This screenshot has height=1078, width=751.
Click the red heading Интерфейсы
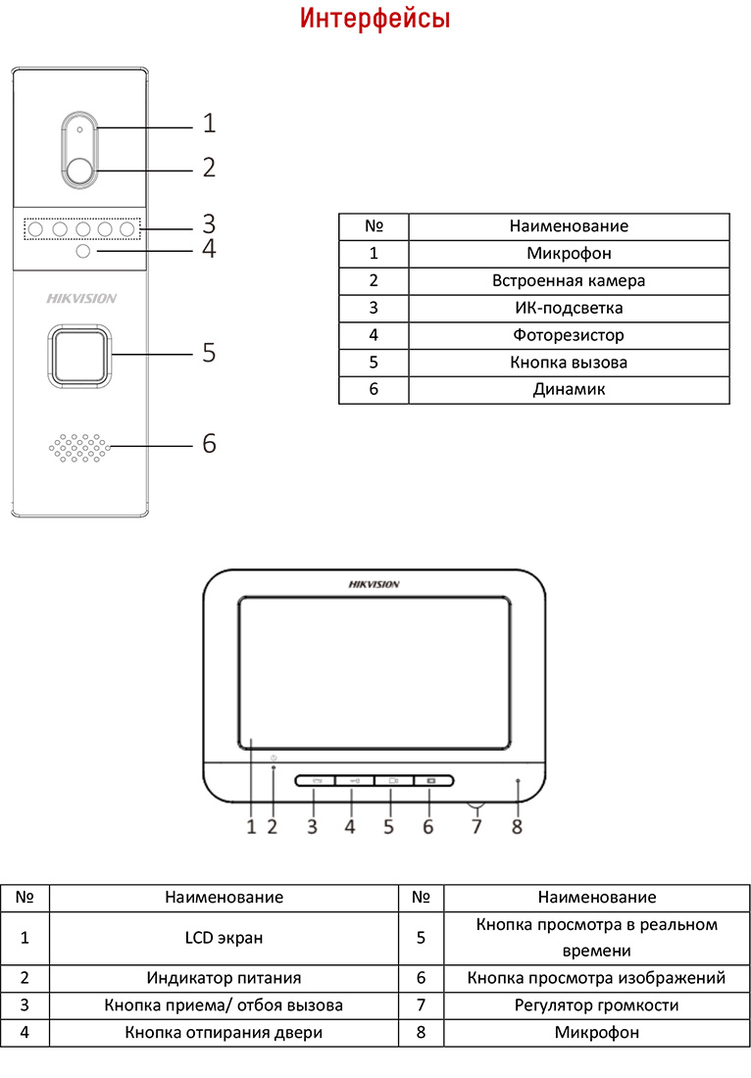pyautogui.click(x=375, y=20)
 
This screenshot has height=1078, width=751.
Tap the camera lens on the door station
pyautogui.click(x=80, y=171)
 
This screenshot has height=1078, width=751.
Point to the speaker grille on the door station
pyautogui.click(x=79, y=447)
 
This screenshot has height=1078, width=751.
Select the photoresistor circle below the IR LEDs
pyautogui.click(x=83, y=253)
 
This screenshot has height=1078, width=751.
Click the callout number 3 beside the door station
pyautogui.click(x=208, y=222)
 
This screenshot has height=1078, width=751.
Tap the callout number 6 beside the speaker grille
pyautogui.click(x=208, y=443)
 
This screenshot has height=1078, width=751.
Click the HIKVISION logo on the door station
pyautogui.click(x=81, y=299)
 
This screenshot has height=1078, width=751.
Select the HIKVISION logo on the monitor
pyautogui.click(x=374, y=585)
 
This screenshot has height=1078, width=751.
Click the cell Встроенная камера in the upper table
pyautogui.click(x=569, y=280)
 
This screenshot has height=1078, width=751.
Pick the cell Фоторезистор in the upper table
pyautogui.click(x=569, y=335)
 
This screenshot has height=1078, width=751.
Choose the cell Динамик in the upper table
pyautogui.click(x=569, y=390)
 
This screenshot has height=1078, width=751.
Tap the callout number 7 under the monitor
pyautogui.click(x=477, y=826)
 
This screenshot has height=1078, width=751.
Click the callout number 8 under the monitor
pyautogui.click(x=517, y=826)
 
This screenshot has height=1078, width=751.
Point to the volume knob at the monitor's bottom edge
pyautogui.click(x=477, y=807)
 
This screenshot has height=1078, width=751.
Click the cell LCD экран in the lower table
pyautogui.click(x=224, y=938)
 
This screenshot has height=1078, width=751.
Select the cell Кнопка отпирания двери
pyautogui.click(x=224, y=1032)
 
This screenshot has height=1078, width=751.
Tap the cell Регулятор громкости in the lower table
pyautogui.click(x=596, y=1004)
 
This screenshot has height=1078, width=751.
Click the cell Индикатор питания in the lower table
pyautogui.click(x=224, y=977)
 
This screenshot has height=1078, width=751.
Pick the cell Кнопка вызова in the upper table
pyautogui.click(x=569, y=363)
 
